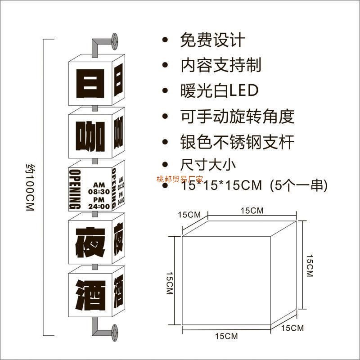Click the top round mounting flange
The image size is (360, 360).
(x=115, y=41)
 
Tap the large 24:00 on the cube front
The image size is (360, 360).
(x=99, y=206)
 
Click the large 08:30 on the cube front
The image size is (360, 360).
(x=99, y=191)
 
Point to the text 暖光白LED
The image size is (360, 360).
(x=220, y=90)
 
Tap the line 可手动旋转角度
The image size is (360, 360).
(x=237, y=117)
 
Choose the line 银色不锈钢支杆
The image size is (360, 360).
(x=237, y=143)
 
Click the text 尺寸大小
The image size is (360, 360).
(x=208, y=164)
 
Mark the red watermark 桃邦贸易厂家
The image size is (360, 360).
(x=180, y=179)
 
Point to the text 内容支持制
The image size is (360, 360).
(x=220, y=66)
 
